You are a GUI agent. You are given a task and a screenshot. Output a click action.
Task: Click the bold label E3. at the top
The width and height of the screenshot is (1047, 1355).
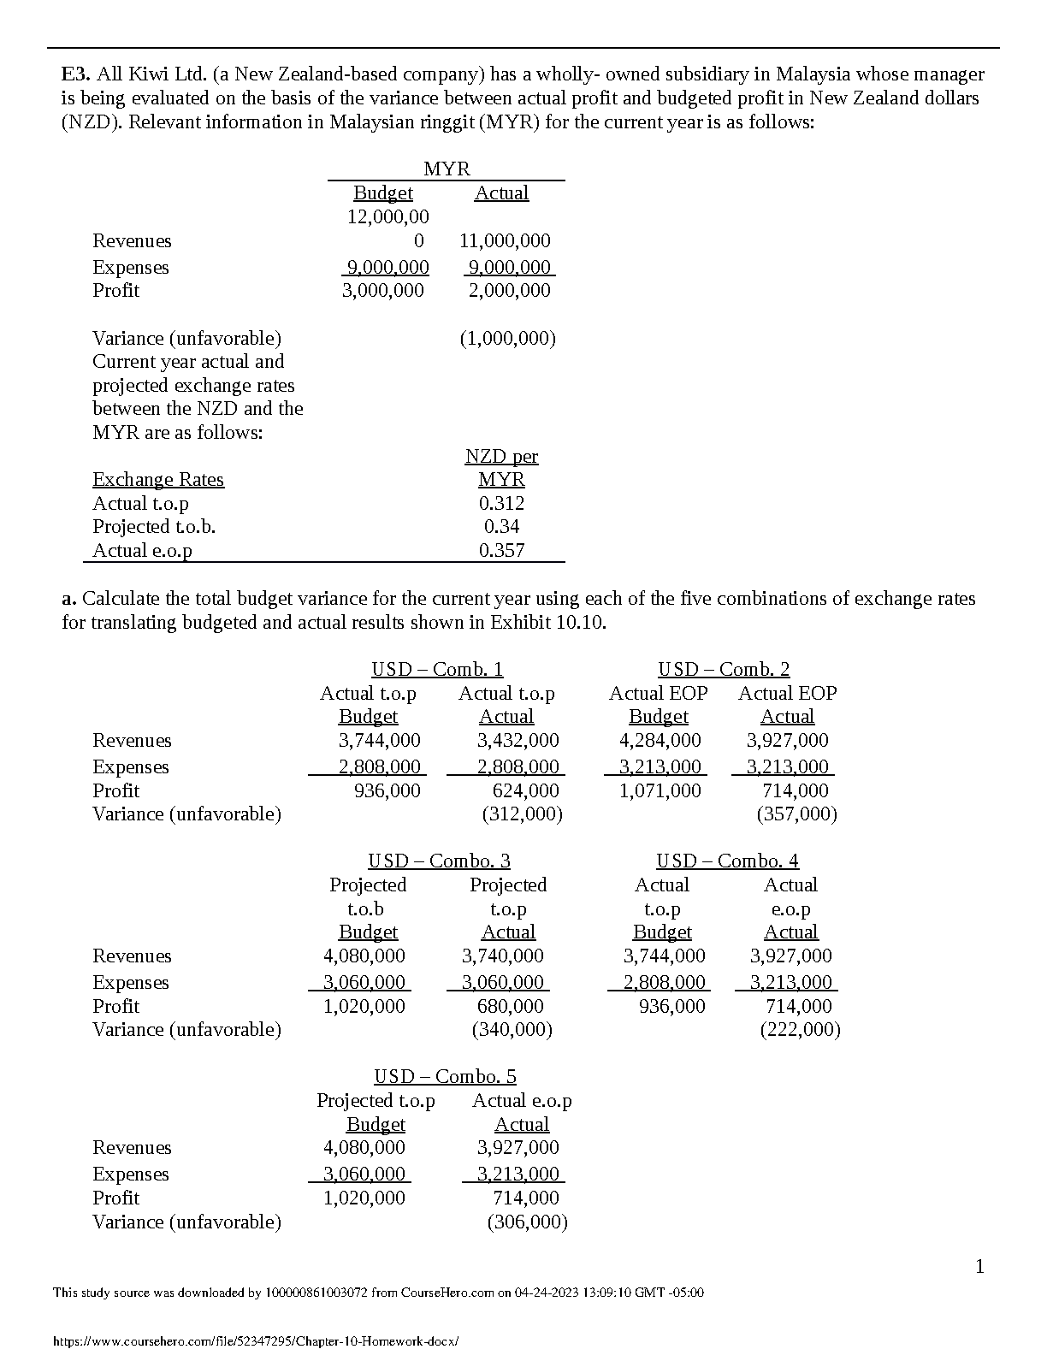click(x=76, y=74)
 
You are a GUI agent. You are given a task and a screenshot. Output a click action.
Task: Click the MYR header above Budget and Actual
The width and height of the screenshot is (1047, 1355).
click(x=447, y=169)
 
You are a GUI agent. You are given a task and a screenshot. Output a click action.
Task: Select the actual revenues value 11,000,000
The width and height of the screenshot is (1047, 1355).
click(x=505, y=241)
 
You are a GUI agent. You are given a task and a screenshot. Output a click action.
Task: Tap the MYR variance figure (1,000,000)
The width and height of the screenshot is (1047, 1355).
click(x=507, y=339)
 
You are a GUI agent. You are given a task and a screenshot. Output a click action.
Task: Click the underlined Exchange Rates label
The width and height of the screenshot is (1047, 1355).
click(x=158, y=480)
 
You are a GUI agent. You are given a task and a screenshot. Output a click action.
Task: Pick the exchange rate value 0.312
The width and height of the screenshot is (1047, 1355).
click(x=501, y=504)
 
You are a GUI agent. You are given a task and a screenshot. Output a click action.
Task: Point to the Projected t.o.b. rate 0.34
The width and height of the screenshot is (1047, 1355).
click(x=501, y=527)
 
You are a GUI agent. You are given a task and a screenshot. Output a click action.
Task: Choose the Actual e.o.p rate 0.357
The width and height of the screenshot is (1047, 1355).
click(x=501, y=551)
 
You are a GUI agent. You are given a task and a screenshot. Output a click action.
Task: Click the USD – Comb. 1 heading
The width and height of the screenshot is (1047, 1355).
click(x=437, y=670)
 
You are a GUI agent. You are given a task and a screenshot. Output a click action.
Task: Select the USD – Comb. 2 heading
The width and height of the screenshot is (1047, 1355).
click(x=724, y=670)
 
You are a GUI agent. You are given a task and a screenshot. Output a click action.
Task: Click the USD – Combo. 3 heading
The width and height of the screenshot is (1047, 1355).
click(x=439, y=861)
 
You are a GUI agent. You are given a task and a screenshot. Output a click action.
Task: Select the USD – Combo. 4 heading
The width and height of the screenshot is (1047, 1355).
click(x=727, y=861)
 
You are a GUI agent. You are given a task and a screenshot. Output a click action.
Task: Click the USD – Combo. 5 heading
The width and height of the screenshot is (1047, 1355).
click(x=445, y=1077)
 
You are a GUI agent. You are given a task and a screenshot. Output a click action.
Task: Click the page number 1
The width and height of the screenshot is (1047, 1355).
click(x=980, y=1267)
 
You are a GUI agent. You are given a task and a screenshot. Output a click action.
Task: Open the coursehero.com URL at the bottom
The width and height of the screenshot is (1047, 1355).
click(x=256, y=1341)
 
